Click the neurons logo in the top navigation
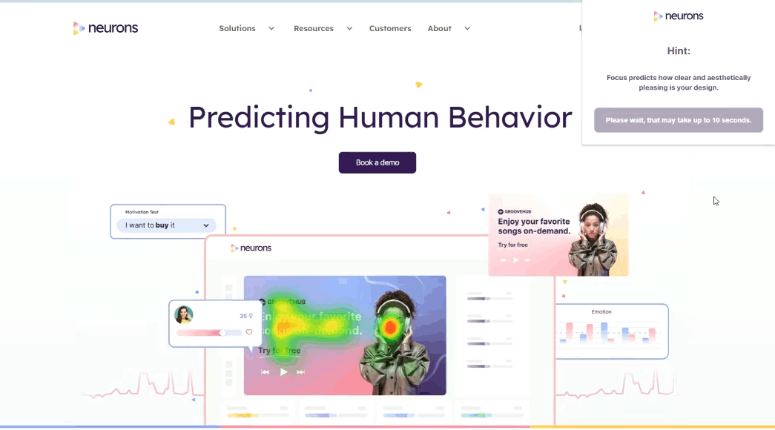(x=105, y=28)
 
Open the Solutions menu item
(x=237, y=28)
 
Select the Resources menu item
(x=314, y=28)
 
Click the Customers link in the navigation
(x=390, y=28)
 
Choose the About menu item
(x=440, y=28)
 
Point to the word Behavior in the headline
(x=511, y=117)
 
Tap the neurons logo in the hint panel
(x=678, y=16)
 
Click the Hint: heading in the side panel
(x=678, y=51)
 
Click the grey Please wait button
(x=678, y=120)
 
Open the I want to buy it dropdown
(x=167, y=225)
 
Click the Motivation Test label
(x=142, y=212)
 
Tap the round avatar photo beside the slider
(x=184, y=315)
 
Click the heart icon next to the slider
(x=249, y=332)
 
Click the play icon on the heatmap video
(x=283, y=372)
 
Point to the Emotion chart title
(x=601, y=312)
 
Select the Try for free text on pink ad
(x=513, y=245)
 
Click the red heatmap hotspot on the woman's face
(x=390, y=327)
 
